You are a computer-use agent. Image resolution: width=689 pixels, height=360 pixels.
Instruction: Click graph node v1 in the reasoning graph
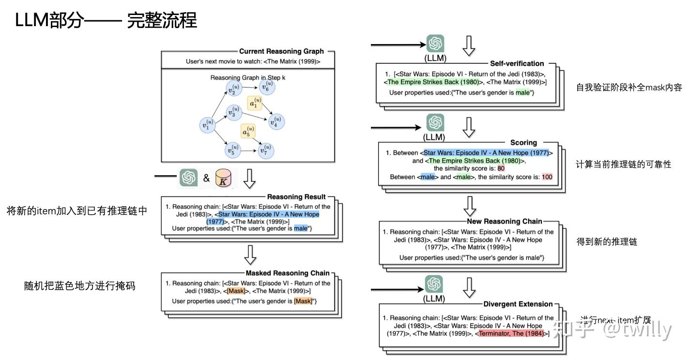tap(208, 125)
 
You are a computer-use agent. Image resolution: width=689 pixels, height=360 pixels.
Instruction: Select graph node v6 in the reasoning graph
tap(266, 87)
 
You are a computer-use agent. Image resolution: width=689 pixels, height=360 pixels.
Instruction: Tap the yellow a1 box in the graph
tap(254, 104)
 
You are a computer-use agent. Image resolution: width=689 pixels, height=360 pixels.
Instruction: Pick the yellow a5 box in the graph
tap(247, 131)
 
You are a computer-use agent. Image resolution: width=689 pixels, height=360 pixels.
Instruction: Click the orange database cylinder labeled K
tap(224, 178)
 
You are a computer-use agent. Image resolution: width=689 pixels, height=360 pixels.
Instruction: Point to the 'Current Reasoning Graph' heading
tap(281, 51)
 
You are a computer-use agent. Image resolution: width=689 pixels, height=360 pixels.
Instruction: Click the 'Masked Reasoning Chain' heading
tap(288, 273)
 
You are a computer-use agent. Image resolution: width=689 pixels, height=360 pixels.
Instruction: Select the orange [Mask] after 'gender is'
tap(303, 301)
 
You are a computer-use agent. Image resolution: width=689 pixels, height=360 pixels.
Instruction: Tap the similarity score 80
tap(501, 168)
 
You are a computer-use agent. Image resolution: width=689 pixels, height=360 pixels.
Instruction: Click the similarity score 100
tap(547, 177)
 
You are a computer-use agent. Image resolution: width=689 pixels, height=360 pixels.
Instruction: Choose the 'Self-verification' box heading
tap(517, 63)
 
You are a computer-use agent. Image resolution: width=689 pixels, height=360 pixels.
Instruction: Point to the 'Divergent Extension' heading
tap(518, 304)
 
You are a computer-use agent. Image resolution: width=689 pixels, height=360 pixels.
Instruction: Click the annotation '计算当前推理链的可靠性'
tap(624, 165)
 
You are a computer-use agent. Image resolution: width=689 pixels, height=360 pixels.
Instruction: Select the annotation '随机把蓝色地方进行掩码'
tap(79, 286)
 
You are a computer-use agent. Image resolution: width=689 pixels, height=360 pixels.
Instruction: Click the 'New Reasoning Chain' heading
tap(505, 222)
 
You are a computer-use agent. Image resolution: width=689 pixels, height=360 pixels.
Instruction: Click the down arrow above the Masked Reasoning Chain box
tap(250, 255)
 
